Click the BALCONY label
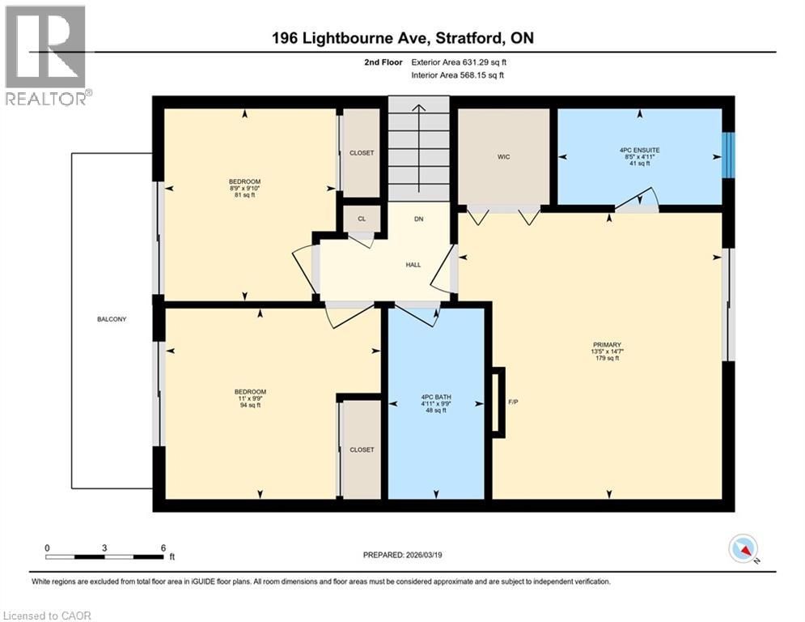(x=110, y=319)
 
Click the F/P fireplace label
(x=512, y=402)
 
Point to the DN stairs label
(x=418, y=219)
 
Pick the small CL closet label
(x=362, y=219)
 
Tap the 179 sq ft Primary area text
(x=606, y=359)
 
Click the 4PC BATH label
(x=435, y=397)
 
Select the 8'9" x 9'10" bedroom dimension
(x=244, y=188)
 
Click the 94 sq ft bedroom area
(x=244, y=407)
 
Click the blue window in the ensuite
(x=728, y=154)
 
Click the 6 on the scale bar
(x=163, y=547)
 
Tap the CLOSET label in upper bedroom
(x=362, y=152)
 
